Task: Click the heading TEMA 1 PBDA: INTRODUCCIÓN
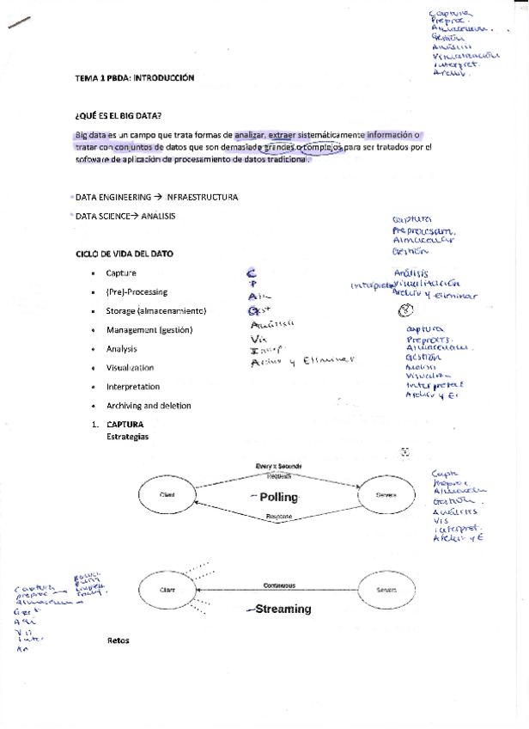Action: (x=135, y=77)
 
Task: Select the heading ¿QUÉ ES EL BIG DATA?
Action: (x=119, y=116)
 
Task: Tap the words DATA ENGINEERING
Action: (x=113, y=197)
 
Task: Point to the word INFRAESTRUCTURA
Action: (x=203, y=197)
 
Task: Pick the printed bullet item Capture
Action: (x=121, y=273)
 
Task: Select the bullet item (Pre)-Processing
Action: (x=137, y=291)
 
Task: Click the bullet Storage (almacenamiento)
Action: (x=156, y=310)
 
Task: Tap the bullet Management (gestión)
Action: (x=149, y=329)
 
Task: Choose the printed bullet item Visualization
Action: (x=130, y=367)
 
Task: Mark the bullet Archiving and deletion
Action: (x=149, y=405)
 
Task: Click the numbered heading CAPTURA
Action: (x=125, y=425)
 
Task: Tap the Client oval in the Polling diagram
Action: (x=167, y=494)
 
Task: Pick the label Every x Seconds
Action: (x=278, y=466)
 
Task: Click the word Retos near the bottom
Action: (x=118, y=640)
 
